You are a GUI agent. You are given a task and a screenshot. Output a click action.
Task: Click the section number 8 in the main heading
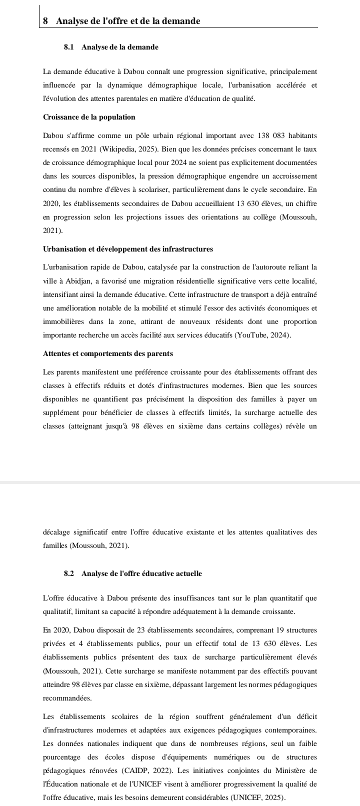point(46,21)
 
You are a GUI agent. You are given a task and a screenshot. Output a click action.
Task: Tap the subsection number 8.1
point(69,47)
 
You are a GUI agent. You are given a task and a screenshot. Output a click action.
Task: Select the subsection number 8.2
point(69,573)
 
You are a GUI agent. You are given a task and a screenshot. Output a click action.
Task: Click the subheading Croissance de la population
point(89,117)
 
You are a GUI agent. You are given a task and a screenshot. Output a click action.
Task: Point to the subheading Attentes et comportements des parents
point(108,353)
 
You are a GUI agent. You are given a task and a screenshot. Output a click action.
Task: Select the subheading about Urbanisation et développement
point(128,249)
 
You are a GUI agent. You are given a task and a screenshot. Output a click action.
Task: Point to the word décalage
point(56,532)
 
